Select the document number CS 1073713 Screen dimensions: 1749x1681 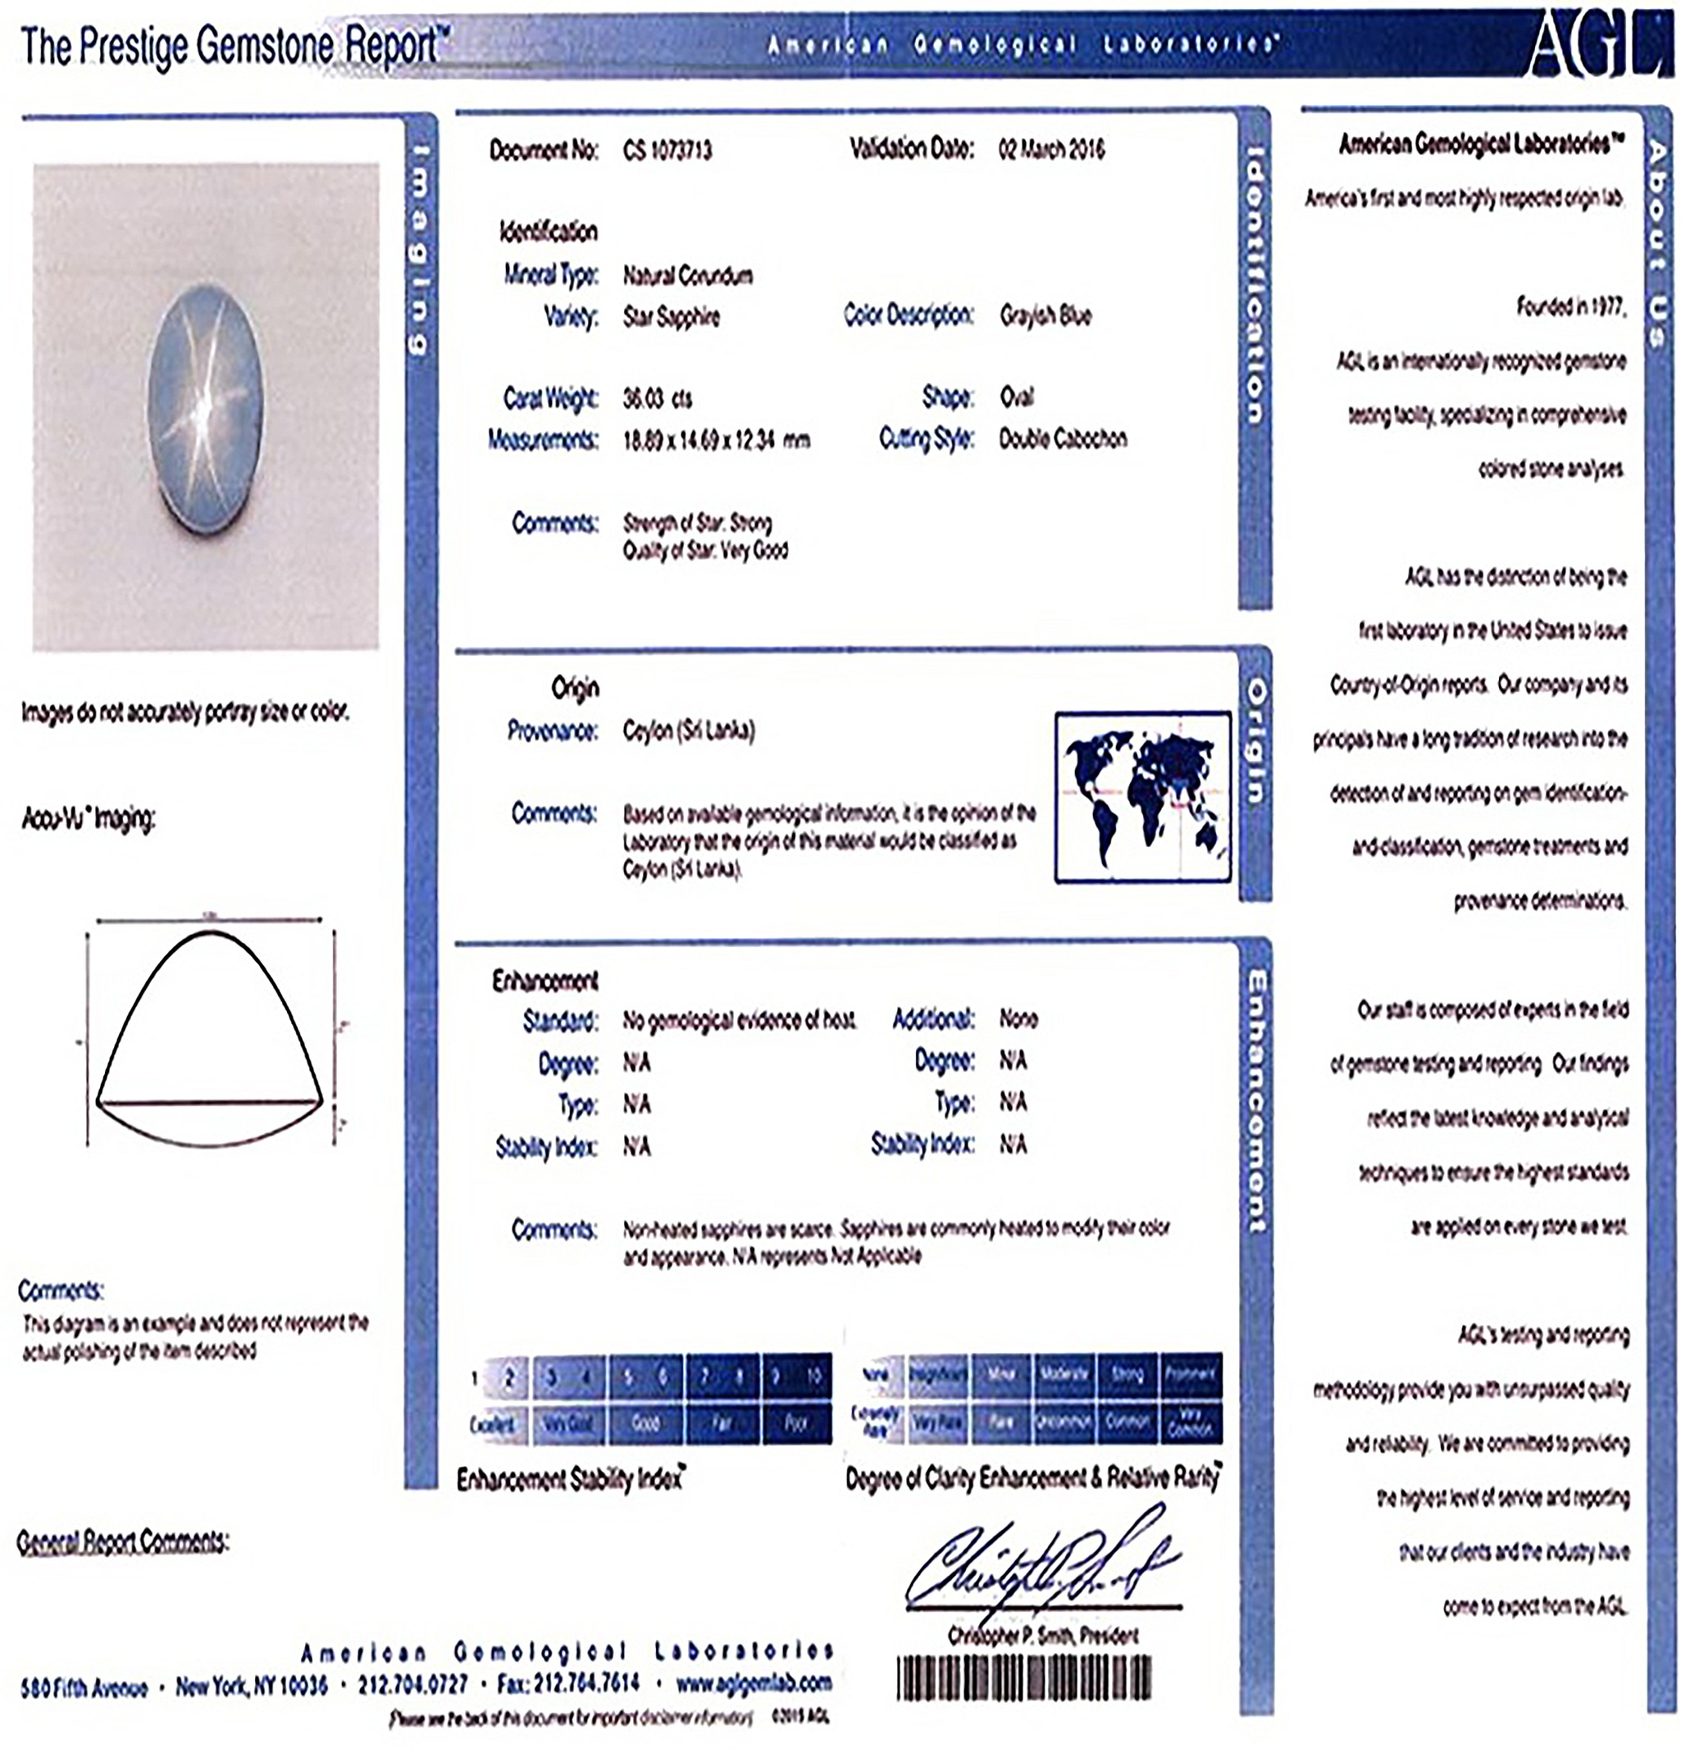pos(667,150)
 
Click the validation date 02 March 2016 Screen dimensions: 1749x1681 pos(1050,149)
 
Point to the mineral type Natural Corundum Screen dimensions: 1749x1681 pos(687,276)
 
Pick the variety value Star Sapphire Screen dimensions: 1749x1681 pos(671,317)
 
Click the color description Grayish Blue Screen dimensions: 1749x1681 pos(1045,316)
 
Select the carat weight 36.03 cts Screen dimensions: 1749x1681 pos(657,398)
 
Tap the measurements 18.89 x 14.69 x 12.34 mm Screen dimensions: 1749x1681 pos(716,440)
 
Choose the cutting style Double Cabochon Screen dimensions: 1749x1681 pos(1062,439)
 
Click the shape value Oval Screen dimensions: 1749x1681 pos(1016,397)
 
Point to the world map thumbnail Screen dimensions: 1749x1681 pos(1142,797)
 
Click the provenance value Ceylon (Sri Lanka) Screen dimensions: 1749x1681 pos(688,731)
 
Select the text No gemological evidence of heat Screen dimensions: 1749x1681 pos(740,1019)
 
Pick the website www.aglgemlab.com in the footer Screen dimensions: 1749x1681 pos(753,1683)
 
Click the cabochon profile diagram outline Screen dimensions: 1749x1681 pos(210,1035)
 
